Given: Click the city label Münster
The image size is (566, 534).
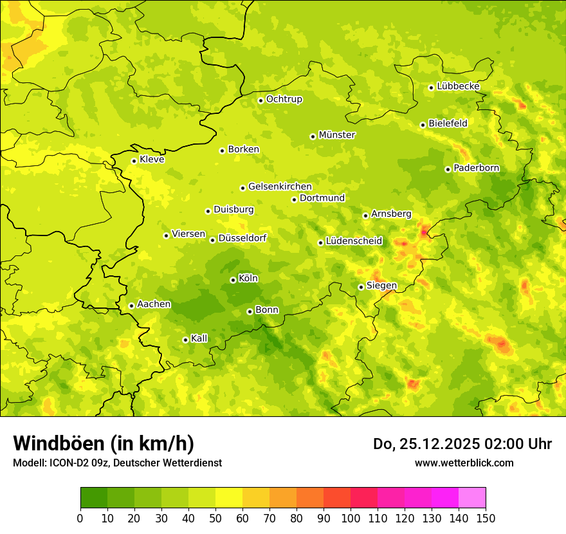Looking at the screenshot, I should point(337,135).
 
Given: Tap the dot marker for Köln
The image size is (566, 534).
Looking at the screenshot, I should point(233,280).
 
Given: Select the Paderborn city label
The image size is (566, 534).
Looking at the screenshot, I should point(477,168).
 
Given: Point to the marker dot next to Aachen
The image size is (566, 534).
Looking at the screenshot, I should point(131,306).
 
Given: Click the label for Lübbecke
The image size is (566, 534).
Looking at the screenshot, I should point(458,86).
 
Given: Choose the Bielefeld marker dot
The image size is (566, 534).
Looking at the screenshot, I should point(423,125).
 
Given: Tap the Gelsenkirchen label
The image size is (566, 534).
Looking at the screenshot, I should point(280,187).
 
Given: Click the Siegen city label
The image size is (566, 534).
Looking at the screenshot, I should point(381,286).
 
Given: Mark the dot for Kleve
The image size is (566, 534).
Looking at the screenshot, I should point(134,161).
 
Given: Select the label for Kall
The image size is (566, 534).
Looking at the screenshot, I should point(199,338).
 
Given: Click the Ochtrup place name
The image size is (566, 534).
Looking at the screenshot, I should point(284,99).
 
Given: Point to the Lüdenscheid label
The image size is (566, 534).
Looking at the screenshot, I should point(354,241).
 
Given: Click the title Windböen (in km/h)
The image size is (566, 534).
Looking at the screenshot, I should point(104,443).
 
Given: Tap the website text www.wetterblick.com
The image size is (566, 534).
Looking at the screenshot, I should point(464,463).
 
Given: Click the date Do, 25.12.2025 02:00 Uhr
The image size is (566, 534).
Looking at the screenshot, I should point(462,444).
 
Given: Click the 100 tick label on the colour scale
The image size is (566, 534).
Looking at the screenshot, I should point(351,518).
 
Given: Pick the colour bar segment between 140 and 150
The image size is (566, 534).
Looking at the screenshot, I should point(472,498).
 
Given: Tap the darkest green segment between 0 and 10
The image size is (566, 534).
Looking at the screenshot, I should point(94,498).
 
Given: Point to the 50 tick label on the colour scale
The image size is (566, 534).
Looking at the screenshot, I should point(215,518).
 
